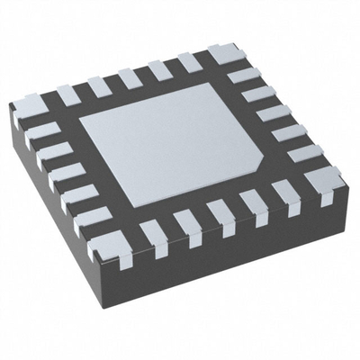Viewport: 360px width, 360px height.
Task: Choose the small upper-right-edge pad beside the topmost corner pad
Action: pyautogui.click(x=240, y=76)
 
